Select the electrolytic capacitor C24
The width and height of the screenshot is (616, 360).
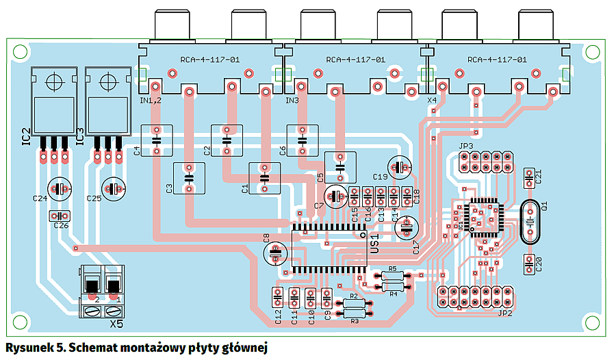click(60, 188)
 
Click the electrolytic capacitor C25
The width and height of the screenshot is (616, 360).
click(114, 188)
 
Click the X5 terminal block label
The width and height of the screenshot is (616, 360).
click(116, 322)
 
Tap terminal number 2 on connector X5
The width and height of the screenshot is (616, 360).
click(97, 300)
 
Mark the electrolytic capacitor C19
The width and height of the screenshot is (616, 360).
click(400, 166)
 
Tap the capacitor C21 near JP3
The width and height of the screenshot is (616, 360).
click(528, 178)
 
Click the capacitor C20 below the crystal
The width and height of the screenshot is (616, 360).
click(528, 263)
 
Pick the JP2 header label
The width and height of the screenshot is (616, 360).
click(505, 313)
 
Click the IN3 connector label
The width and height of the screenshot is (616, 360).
click(292, 101)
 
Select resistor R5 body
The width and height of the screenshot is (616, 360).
click(392, 276)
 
